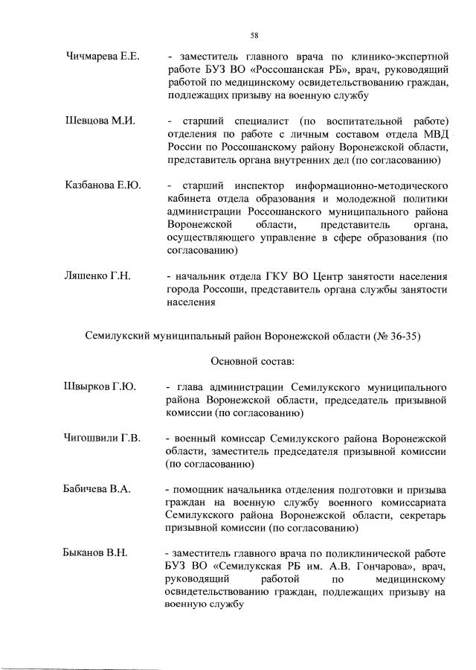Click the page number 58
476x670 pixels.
[x=254, y=35]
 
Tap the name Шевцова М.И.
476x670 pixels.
[x=99, y=121]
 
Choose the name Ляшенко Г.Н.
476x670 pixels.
[x=97, y=276]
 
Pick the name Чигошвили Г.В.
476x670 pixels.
[x=102, y=437]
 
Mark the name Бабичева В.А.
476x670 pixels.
[x=98, y=489]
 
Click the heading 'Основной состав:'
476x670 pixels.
[x=254, y=363]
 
